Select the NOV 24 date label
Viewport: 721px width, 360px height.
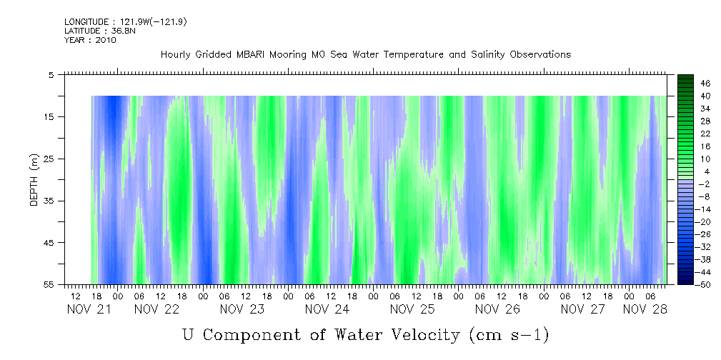[327, 309]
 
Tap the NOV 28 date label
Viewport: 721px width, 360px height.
[645, 309]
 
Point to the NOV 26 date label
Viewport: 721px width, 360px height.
[497, 309]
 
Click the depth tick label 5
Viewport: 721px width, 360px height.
[51, 74]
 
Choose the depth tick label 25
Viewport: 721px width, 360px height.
[49, 159]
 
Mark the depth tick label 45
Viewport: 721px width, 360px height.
[49, 243]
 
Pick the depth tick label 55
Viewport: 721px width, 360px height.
[49, 284]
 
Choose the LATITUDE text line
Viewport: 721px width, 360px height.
[100, 31]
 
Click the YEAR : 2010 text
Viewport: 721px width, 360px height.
[90, 40]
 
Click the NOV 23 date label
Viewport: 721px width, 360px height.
[242, 309]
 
